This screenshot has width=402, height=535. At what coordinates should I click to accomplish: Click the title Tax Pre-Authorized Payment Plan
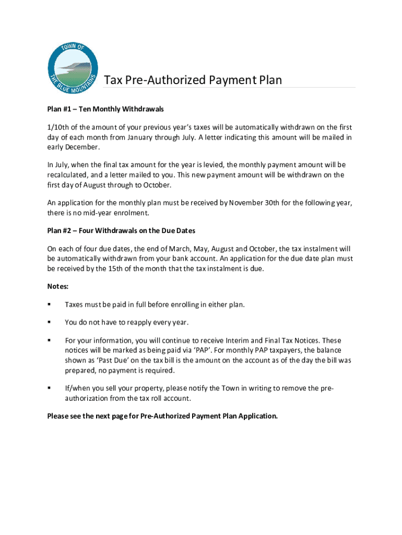pos(193,80)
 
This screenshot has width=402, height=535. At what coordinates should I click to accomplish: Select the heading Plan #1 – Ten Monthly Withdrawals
pos(105,109)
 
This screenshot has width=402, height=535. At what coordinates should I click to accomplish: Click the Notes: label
pos(58,286)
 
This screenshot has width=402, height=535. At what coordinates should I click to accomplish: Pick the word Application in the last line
pos(259,416)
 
